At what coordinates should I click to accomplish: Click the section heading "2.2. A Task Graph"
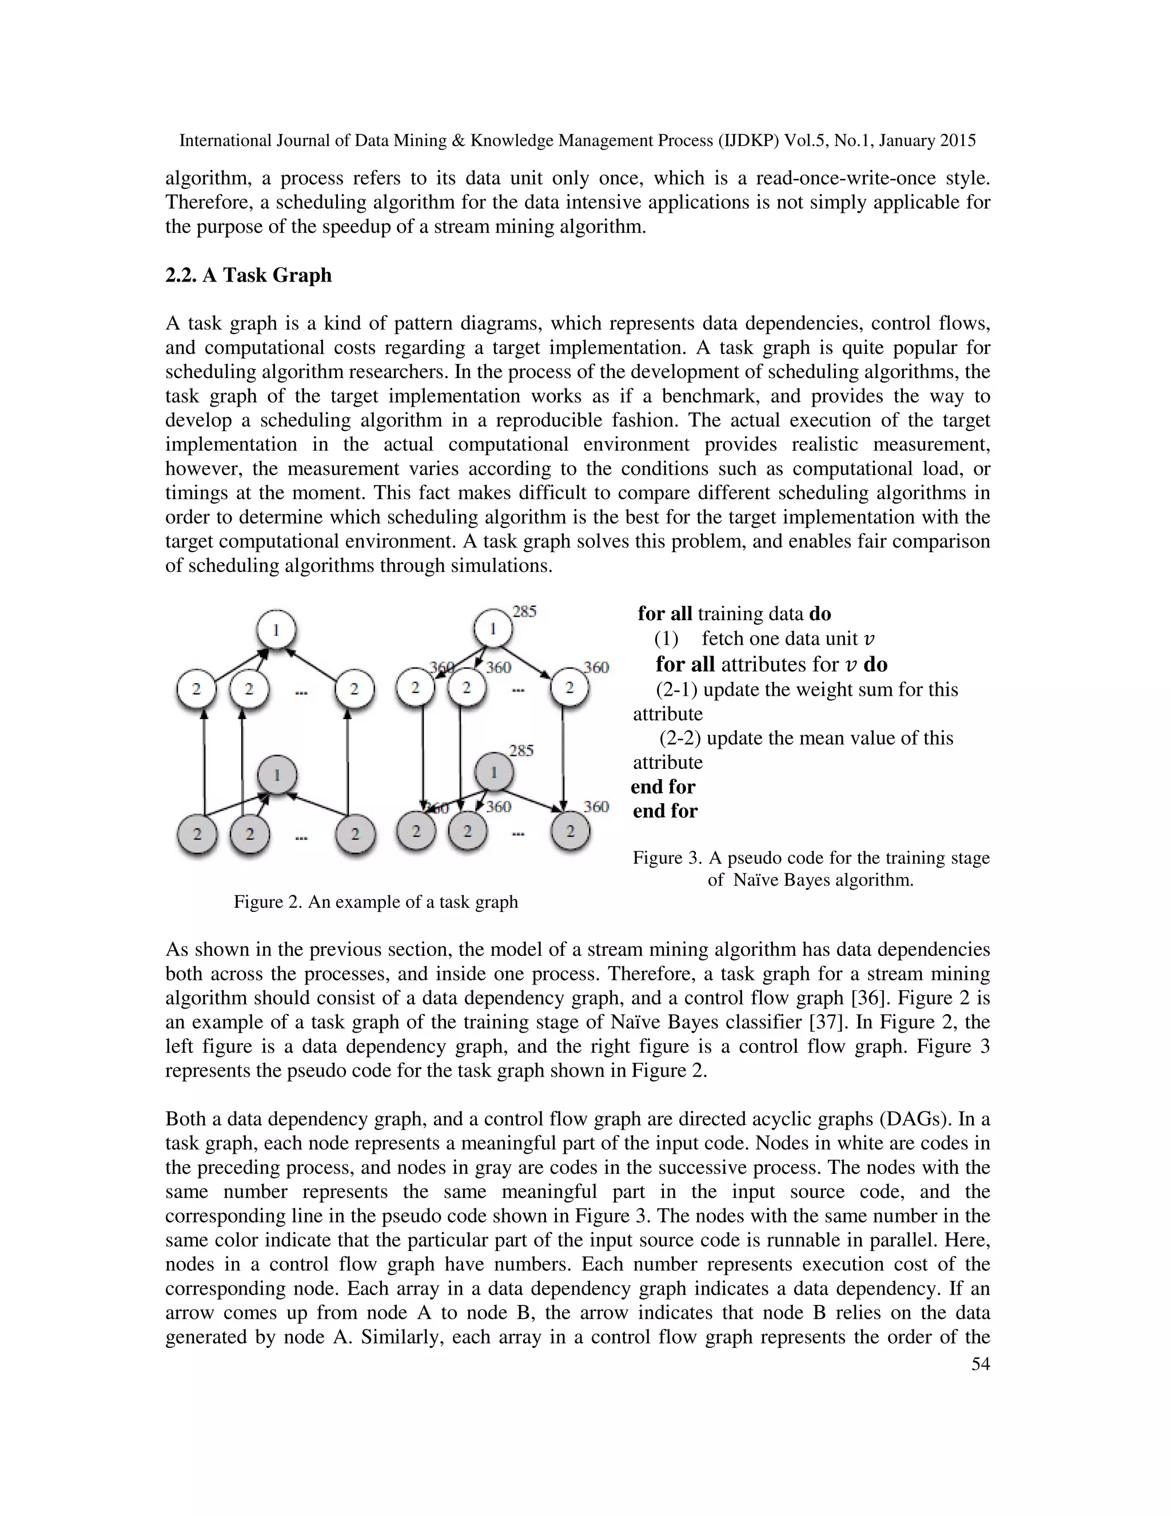point(248,276)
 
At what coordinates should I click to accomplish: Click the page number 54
point(980,1364)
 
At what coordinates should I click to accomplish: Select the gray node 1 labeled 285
point(493,772)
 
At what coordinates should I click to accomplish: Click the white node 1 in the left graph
point(276,630)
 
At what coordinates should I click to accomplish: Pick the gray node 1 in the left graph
point(277,775)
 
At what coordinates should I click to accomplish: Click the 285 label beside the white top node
point(524,612)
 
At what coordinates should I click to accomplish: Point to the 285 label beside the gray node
point(521,751)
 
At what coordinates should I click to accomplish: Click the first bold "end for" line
point(663,787)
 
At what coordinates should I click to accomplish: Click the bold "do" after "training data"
point(820,614)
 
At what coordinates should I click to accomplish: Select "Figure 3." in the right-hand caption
point(667,858)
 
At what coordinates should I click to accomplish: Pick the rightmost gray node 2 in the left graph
point(355,834)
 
